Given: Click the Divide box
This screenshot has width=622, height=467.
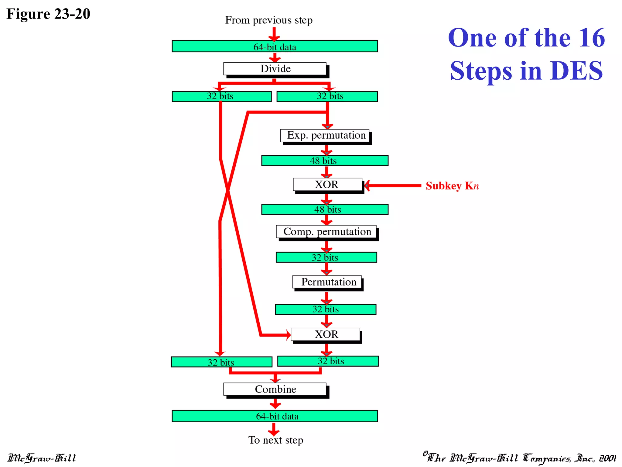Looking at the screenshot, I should pyautogui.click(x=275, y=69).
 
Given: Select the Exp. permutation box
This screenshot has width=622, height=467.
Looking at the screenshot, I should pyautogui.click(x=325, y=136).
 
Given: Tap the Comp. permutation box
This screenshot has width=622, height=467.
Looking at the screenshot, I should pyautogui.click(x=326, y=232).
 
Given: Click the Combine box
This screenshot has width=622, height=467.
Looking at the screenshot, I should pyautogui.click(x=275, y=389).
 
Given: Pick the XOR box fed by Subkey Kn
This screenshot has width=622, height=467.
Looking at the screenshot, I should pyautogui.click(x=327, y=185).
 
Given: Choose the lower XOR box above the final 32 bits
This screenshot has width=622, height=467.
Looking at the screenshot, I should pyautogui.click(x=326, y=334).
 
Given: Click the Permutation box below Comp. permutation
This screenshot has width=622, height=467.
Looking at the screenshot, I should pyautogui.click(x=327, y=282).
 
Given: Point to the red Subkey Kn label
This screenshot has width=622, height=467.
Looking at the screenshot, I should pyautogui.click(x=452, y=186).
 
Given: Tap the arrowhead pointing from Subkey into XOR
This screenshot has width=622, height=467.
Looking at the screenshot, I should pyautogui.click(x=367, y=185).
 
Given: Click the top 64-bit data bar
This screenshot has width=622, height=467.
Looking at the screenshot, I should pyautogui.click(x=275, y=47).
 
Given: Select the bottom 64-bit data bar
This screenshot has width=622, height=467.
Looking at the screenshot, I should pyautogui.click(x=275, y=416).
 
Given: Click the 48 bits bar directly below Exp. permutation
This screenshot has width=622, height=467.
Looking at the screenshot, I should pyautogui.click(x=325, y=161).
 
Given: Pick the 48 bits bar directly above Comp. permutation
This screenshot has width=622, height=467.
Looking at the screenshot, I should pyautogui.click(x=325, y=209).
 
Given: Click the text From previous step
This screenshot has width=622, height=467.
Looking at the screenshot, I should pyautogui.click(x=269, y=20).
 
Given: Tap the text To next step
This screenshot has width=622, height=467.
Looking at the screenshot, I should pyautogui.click(x=276, y=440).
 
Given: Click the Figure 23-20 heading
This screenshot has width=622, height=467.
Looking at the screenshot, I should pyautogui.click(x=48, y=14).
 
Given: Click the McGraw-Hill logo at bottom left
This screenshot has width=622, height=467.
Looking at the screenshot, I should pyautogui.click(x=42, y=458).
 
